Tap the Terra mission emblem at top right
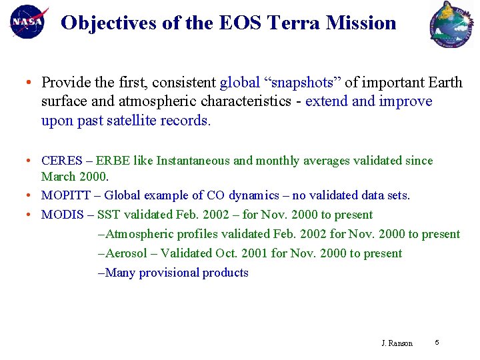tap(451, 24)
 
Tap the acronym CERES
tap(63, 161)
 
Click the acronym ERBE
tap(113, 161)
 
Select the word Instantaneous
tap(193, 161)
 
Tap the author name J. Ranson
tap(397, 343)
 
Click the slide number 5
tap(437, 343)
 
